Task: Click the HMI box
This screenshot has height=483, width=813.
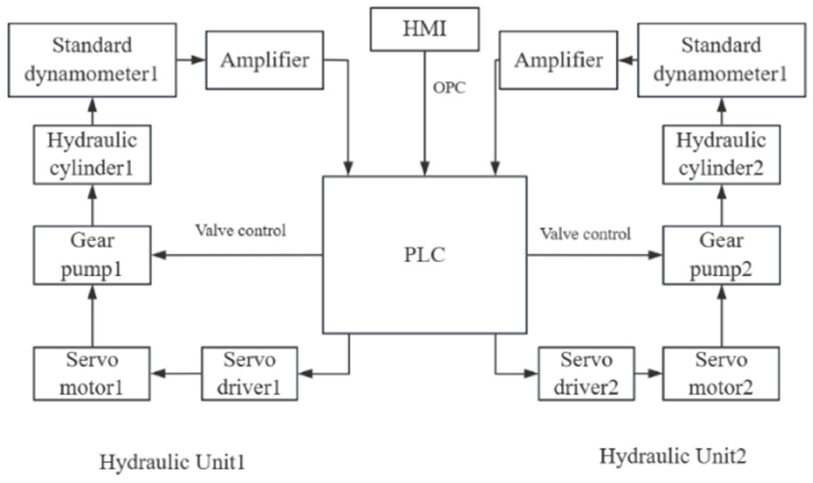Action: tap(425, 29)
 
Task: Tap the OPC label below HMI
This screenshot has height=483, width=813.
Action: tap(449, 88)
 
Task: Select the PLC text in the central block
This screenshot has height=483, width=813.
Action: tap(425, 255)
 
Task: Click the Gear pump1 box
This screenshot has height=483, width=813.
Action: tap(92, 255)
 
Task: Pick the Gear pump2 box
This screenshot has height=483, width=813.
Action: tap(721, 255)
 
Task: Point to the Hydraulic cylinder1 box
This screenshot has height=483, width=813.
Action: tap(92, 155)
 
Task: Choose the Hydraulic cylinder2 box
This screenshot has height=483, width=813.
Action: tap(721, 155)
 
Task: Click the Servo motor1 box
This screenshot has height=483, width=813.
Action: tap(92, 374)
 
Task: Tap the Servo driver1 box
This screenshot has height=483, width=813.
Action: tap(250, 374)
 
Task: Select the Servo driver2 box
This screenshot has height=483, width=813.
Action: tap(586, 374)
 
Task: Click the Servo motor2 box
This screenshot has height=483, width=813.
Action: tap(721, 374)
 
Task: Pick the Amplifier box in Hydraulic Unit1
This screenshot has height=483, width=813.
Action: tap(264, 60)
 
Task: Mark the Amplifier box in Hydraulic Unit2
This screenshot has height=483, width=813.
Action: tap(559, 60)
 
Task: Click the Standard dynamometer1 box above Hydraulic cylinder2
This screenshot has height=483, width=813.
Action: tap(721, 60)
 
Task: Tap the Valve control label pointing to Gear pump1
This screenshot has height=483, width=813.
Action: tap(240, 231)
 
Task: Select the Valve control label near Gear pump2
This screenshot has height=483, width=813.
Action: tap(585, 234)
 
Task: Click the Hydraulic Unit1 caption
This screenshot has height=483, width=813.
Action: tap(172, 462)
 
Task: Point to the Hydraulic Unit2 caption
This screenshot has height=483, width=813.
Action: tap(673, 457)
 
